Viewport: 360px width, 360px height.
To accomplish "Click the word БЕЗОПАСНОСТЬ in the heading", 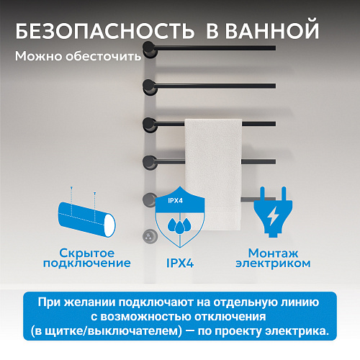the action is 105,31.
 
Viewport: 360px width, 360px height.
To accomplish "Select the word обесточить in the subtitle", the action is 104,56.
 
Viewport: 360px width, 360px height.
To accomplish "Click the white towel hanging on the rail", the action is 213,174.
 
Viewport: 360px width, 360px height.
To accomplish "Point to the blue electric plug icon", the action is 273,212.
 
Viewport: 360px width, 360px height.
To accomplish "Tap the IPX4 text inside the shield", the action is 175,200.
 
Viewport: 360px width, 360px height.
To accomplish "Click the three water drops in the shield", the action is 179,225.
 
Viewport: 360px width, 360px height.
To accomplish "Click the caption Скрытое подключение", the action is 87,258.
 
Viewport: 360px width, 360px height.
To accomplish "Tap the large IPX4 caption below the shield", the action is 180,263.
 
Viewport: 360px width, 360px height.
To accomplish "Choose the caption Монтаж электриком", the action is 273,258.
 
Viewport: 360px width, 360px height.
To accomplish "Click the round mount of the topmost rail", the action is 150,49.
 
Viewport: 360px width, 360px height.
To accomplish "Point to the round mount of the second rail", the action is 150,87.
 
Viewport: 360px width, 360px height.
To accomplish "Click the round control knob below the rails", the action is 149,236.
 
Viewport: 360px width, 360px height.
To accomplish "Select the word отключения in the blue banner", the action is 230,317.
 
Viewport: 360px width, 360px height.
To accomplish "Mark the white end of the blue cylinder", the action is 109,225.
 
